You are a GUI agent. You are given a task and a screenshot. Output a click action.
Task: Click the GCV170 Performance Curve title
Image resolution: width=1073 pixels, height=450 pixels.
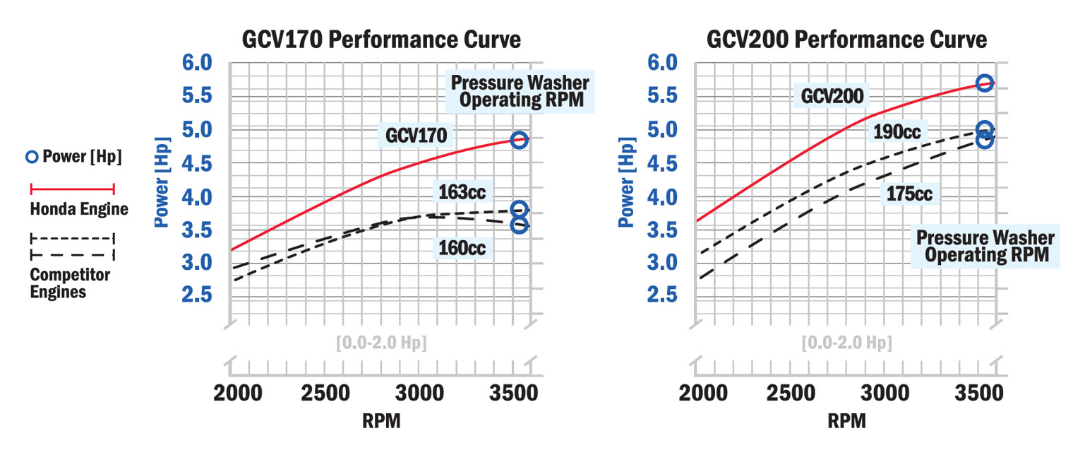click(x=381, y=40)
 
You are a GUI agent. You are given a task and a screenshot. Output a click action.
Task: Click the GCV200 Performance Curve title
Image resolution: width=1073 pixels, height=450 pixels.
click(x=846, y=40)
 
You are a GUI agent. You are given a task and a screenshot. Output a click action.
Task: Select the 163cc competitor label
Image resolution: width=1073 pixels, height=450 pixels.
click(x=462, y=192)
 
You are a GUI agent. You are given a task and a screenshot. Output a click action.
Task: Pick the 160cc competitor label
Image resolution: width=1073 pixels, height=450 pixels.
click(x=462, y=248)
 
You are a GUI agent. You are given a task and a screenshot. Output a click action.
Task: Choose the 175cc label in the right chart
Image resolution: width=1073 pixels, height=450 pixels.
click(x=909, y=194)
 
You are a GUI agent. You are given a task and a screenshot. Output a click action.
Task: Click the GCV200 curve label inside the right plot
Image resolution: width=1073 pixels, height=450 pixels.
click(x=832, y=97)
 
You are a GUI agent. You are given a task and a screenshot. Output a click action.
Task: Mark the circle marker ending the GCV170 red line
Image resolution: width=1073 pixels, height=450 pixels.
click(x=519, y=140)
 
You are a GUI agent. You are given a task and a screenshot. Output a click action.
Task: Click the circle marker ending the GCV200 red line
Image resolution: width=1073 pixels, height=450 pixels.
click(x=984, y=83)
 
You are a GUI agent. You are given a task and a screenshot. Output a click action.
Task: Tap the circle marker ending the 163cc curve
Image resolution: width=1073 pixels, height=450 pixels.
click(x=519, y=209)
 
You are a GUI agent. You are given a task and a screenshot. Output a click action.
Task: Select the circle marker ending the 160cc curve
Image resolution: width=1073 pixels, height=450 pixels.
click(x=519, y=225)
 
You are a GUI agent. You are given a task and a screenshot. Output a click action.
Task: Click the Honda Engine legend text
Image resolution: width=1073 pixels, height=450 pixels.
click(x=79, y=209)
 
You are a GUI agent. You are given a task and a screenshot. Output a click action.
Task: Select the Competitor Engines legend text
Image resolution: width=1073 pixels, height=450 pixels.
click(x=70, y=283)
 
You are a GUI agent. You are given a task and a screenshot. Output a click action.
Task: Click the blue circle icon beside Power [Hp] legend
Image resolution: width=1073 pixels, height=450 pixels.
click(x=33, y=157)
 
